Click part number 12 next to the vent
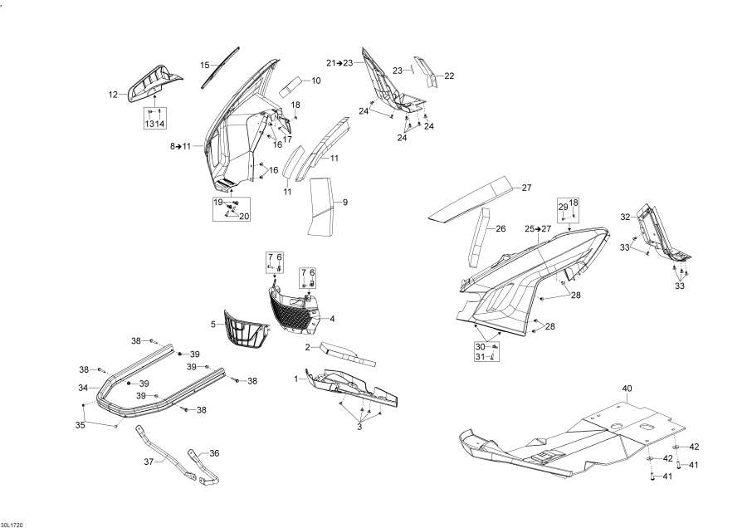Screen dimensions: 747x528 (x=113, y=95)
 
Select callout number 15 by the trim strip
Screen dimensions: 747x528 (x=205, y=66)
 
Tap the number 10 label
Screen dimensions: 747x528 (x=316, y=81)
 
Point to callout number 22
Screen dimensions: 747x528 (x=449, y=76)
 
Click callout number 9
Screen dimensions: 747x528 (x=345, y=203)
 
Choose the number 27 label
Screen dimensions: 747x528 (x=526, y=188)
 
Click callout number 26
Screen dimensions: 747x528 (x=500, y=229)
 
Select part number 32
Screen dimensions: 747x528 (x=625, y=217)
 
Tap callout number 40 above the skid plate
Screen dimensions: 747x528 (x=627, y=389)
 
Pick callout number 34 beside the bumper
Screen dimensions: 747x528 (x=83, y=388)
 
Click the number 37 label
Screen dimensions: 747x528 (x=149, y=462)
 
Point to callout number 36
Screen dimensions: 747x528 (x=214, y=453)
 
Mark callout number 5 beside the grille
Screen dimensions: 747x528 (x=213, y=325)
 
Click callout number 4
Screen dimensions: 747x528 (x=332, y=318)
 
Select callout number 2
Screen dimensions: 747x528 (x=308, y=347)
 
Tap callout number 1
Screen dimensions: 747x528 (x=296, y=379)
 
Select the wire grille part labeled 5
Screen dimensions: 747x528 (x=245, y=330)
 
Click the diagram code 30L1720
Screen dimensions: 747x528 (x=12, y=525)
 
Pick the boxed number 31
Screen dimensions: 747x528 (x=481, y=356)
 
